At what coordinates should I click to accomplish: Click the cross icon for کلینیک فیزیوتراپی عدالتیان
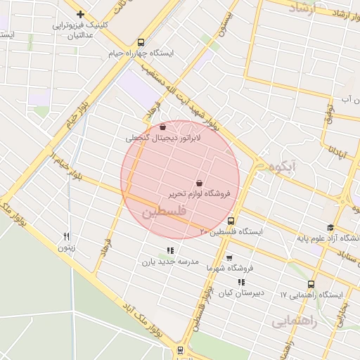click(x=81, y=14)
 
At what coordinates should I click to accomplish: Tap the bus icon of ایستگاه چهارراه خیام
click(x=141, y=42)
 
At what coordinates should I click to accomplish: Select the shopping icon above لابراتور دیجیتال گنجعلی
click(x=163, y=127)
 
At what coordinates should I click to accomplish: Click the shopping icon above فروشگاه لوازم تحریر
click(x=199, y=182)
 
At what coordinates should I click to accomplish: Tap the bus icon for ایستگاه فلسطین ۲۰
click(x=232, y=221)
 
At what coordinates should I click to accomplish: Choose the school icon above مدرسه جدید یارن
click(x=169, y=250)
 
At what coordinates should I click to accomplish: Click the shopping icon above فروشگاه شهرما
click(x=229, y=257)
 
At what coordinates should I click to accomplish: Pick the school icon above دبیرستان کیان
click(x=241, y=282)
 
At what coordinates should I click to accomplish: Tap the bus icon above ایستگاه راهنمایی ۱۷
click(x=311, y=285)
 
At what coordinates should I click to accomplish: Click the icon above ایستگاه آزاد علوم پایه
click(x=330, y=227)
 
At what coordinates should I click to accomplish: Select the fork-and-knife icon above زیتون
click(x=66, y=236)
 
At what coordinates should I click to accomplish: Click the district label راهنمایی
click(x=295, y=320)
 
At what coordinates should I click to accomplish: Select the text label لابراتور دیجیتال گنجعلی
click(x=163, y=139)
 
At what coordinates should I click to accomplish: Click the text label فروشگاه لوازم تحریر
click(x=199, y=193)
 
